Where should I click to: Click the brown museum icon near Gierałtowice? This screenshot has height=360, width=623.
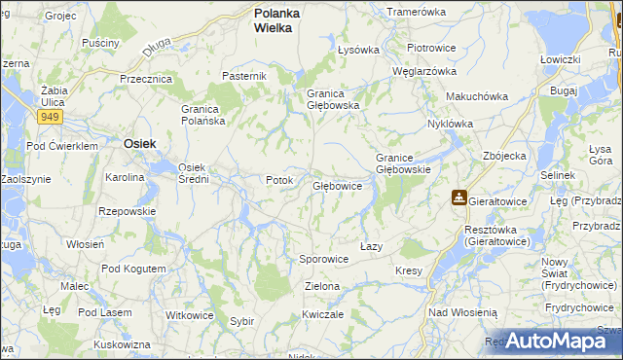coord(458,198)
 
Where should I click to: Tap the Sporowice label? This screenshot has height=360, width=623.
coord(323,260)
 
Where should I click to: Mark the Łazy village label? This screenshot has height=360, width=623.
coord(371,246)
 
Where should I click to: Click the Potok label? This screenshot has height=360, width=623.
coord(279,180)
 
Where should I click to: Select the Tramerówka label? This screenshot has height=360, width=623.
coord(416,12)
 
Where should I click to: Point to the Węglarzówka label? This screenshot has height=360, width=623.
coord(424,71)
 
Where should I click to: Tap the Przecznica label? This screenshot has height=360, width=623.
coord(146,79)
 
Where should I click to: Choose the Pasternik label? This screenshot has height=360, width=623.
coord(243,76)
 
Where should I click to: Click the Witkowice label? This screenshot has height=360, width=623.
coord(189,315)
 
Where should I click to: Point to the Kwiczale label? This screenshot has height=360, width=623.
coord(323,314)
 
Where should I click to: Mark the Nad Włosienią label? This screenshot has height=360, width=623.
coord(462,312)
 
